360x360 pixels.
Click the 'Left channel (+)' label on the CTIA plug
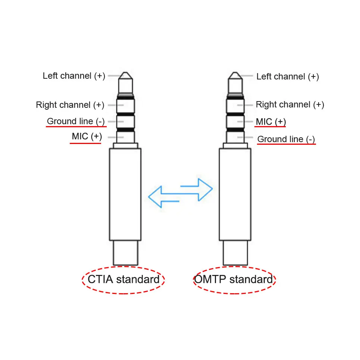point(74,76)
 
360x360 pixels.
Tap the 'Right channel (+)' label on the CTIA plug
point(70,105)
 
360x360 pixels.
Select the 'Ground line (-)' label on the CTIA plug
point(76,121)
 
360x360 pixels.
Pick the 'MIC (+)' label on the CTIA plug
point(87,136)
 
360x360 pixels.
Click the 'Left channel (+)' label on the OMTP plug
point(287,76)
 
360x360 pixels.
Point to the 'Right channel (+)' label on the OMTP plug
point(290,104)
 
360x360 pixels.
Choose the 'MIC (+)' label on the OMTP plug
point(271,122)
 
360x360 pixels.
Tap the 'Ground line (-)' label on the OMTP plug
point(286,139)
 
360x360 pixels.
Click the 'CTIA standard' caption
point(123,279)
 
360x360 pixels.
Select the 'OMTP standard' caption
point(234,279)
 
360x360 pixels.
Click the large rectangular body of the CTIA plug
point(125,194)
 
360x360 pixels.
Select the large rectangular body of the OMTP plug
point(235,194)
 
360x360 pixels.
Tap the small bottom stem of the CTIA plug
point(125,253)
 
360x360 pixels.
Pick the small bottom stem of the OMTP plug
point(235,253)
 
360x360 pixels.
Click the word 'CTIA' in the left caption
point(100,279)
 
